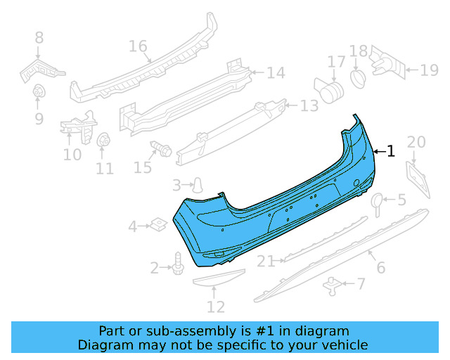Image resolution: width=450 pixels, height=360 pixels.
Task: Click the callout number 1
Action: pos(391,150)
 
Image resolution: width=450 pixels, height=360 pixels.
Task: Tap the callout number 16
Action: pos(138,46)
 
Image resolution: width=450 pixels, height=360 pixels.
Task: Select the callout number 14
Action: pos(275,72)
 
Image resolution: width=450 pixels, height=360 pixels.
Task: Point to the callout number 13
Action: pos(309,105)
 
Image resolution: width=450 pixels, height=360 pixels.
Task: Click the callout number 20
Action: pos(416,142)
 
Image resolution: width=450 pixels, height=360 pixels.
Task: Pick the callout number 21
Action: pos(266,262)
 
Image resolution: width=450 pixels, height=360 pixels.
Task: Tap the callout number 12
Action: pos(216,307)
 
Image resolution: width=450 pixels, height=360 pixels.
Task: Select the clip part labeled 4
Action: pos(159,225)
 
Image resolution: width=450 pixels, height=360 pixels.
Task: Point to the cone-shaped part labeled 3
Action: pos(199,185)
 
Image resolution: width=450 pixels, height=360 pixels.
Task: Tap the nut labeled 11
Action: pos(103,141)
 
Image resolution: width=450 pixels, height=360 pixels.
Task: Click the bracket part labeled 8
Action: pos(41,67)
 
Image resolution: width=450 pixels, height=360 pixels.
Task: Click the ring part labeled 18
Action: pos(357,75)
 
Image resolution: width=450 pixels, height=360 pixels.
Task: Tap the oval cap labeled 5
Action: pos(377,202)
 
